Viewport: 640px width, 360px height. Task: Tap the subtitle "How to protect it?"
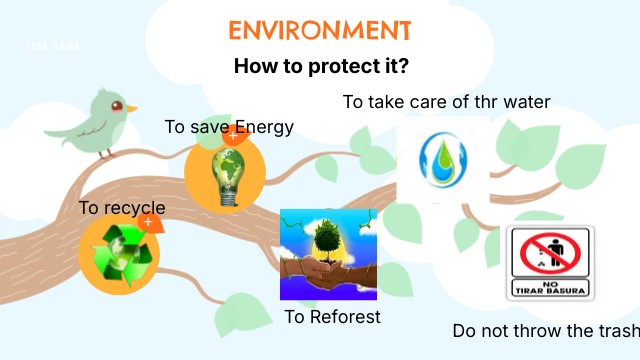click(x=320, y=67)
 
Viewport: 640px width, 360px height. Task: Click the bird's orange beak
click(x=132, y=108)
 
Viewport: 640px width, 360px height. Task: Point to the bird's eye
click(x=119, y=103)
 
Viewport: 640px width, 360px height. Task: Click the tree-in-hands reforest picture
click(x=328, y=254)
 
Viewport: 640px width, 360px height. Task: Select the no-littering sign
click(x=549, y=263)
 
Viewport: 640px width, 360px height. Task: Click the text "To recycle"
click(x=122, y=208)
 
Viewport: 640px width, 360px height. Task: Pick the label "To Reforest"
click(x=332, y=317)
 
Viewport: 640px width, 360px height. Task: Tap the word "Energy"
click(x=263, y=127)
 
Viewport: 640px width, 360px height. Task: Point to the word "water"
click(x=527, y=102)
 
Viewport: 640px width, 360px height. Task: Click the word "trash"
click(x=617, y=331)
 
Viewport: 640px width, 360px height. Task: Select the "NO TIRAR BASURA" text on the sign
click(x=549, y=288)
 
